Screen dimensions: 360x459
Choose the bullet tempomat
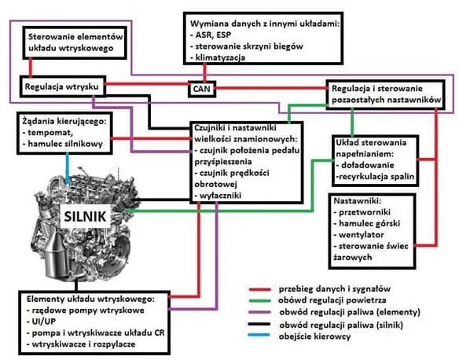[x=53, y=131]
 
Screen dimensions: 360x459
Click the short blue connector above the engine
[x=69, y=165]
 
